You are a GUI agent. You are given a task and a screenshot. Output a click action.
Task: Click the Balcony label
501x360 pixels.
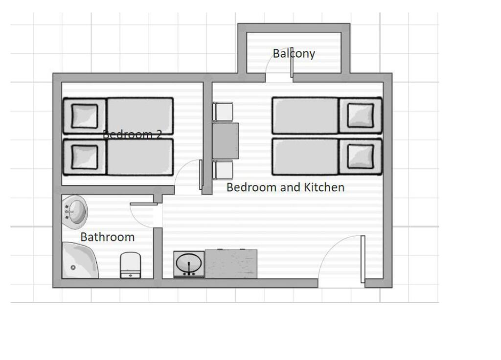click(294, 53)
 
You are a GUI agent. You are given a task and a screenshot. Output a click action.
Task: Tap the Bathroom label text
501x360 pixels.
click(107, 237)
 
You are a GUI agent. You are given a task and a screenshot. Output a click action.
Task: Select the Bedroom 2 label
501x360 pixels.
click(132, 134)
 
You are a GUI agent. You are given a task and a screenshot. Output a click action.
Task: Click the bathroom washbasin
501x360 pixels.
click(75, 210)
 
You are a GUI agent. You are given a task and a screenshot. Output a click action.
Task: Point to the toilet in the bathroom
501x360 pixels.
click(130, 265)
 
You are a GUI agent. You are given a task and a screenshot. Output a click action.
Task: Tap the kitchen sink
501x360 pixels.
click(189, 263)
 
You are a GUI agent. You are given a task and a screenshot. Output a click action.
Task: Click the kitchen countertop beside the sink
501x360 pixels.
click(231, 263)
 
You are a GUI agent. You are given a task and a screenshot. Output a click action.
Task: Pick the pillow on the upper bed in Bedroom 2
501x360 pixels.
click(85, 116)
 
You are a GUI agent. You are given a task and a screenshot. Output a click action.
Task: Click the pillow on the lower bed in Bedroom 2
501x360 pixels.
click(85, 157)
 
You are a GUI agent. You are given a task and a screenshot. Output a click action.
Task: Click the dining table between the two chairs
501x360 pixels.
click(226, 141)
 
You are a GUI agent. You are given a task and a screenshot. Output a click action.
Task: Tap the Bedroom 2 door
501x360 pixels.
click(201, 175)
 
